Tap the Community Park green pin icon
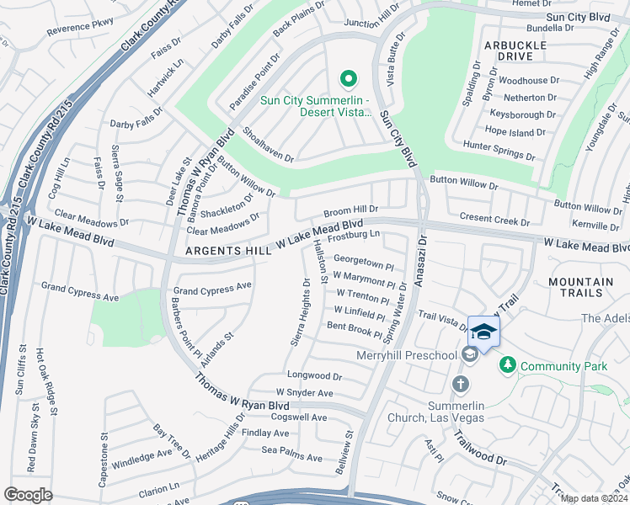(507, 365)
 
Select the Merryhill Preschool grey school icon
(470, 355)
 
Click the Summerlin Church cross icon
(460, 385)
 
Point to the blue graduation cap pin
(483, 332)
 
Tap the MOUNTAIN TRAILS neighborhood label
(580, 288)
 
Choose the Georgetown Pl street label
(363, 263)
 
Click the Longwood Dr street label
(314, 376)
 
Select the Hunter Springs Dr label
(499, 151)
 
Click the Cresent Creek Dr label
(494, 219)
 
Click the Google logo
(28, 495)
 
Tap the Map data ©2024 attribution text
(594, 498)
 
